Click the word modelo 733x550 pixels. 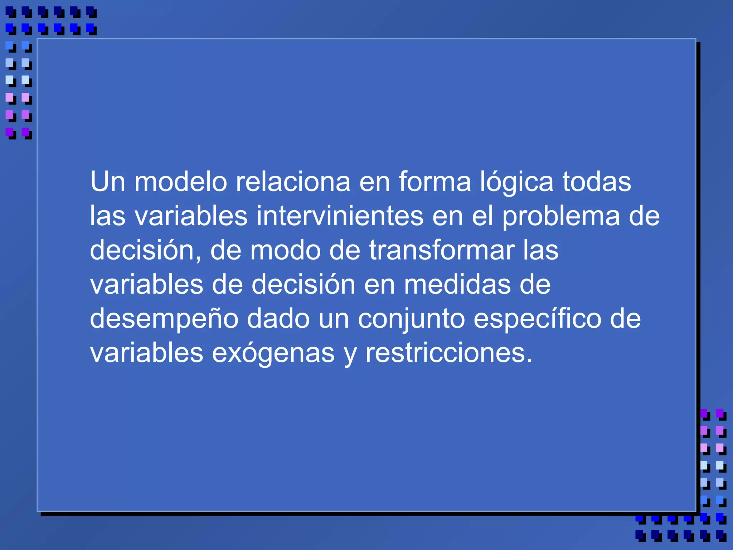click(x=180, y=182)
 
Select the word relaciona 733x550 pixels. click(x=293, y=182)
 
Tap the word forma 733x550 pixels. click(x=435, y=182)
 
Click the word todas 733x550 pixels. click(x=597, y=182)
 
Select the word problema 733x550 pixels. click(x=561, y=217)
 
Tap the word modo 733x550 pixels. click(x=285, y=250)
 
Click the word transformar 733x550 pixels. click(x=442, y=250)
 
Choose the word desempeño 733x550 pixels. click(x=164, y=319)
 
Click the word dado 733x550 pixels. click(x=278, y=319)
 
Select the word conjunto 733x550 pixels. click(x=411, y=319)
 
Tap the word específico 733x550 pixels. click(x=537, y=319)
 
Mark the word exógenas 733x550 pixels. click(x=273, y=354)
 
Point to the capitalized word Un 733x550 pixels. click(x=108, y=182)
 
